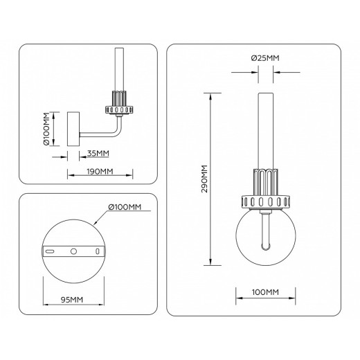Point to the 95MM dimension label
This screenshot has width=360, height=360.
point(72,299)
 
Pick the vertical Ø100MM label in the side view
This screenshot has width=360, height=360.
point(46,131)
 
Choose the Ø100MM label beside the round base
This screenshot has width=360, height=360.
point(125,207)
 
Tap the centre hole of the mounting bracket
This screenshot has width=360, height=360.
point(72,251)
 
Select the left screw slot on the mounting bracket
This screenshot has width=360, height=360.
point(50,251)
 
